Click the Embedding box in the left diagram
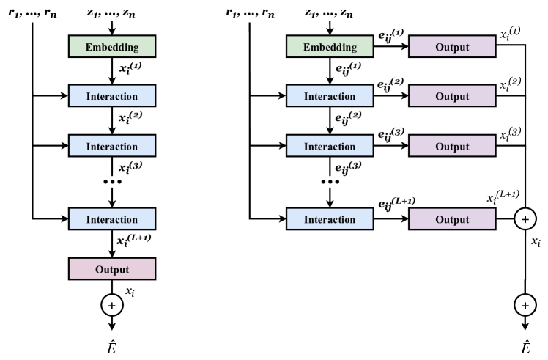click(x=112, y=46)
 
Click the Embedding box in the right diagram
click(x=330, y=46)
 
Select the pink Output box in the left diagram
click(x=112, y=269)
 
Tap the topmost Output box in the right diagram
click(x=452, y=46)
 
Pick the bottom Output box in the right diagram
click(x=452, y=219)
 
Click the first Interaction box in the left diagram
click(x=112, y=95)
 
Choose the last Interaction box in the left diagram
click(x=112, y=219)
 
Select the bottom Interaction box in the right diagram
click(x=330, y=219)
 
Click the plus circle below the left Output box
click(x=112, y=306)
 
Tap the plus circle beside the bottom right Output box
click(x=525, y=219)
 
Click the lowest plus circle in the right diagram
click(x=525, y=306)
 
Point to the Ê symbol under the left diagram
click(x=111, y=347)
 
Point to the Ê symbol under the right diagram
click(x=525, y=347)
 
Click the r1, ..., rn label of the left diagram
click(x=32, y=13)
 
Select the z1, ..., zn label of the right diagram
click(x=329, y=13)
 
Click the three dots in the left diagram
click(x=112, y=182)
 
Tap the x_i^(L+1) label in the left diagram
click(x=134, y=240)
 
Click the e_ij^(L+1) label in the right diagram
click(x=396, y=203)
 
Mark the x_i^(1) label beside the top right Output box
click(x=510, y=34)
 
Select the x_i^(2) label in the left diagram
click(x=130, y=117)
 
